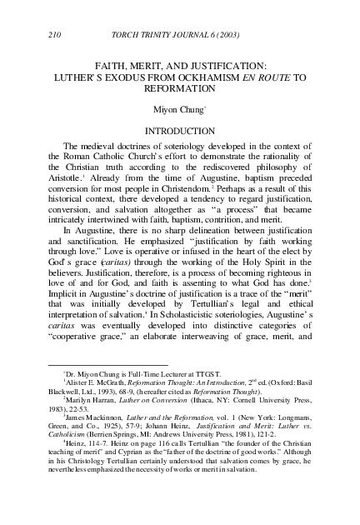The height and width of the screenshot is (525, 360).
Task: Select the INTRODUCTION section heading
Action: tap(180, 131)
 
